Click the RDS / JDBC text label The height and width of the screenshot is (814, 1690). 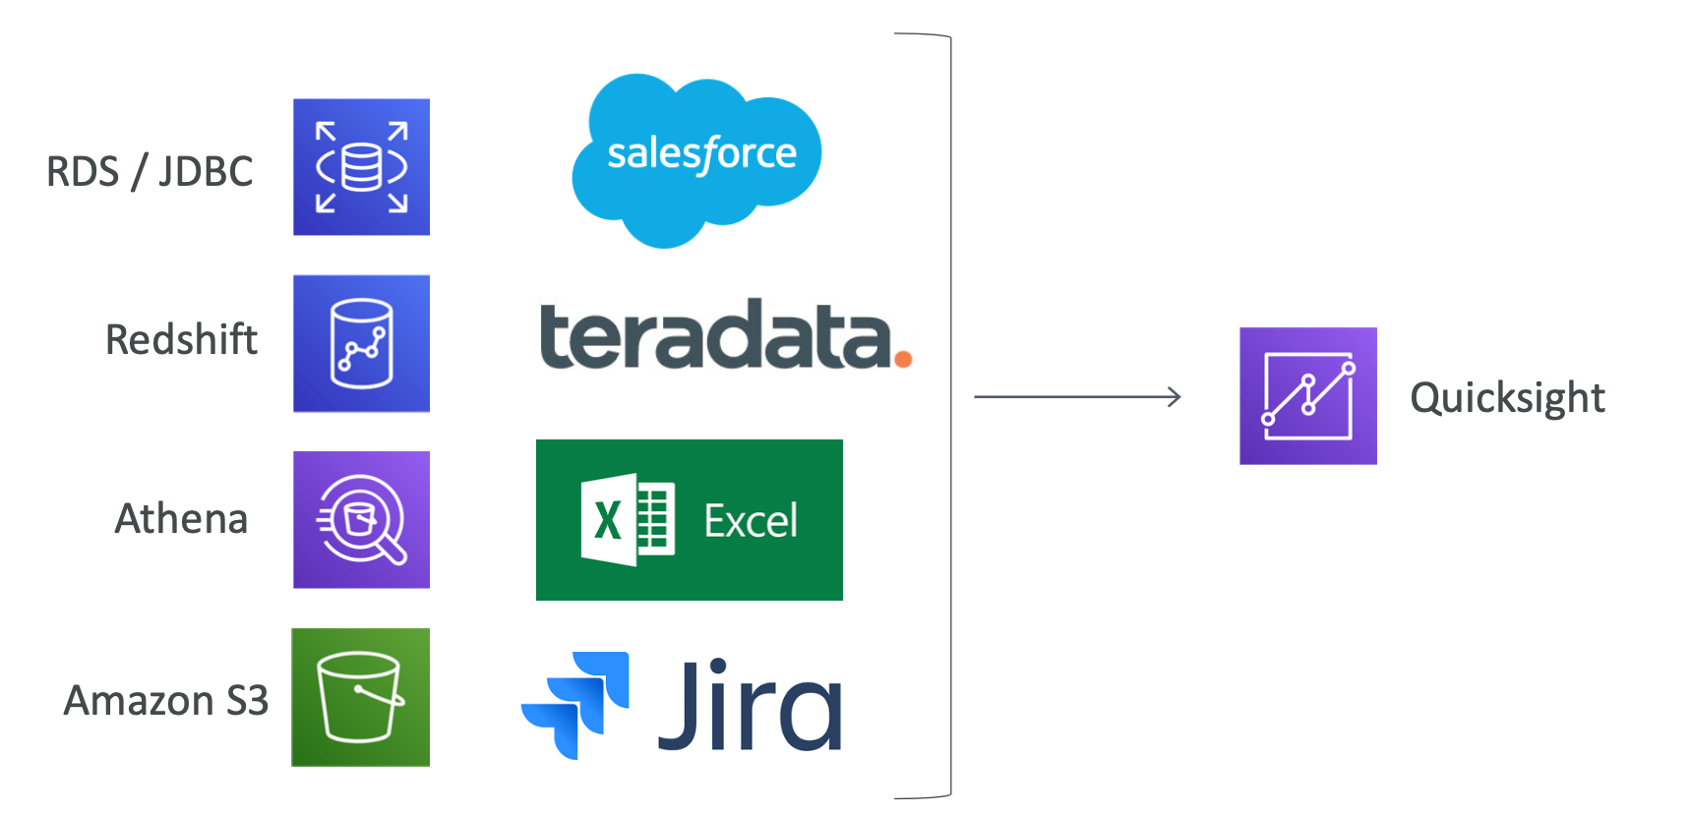[x=150, y=172]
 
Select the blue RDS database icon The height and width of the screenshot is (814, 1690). [x=361, y=167]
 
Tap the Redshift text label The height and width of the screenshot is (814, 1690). [x=181, y=339]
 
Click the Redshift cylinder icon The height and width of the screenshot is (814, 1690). [x=361, y=343]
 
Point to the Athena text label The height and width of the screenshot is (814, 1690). [x=181, y=518]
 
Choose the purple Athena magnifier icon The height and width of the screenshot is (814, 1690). [x=361, y=520]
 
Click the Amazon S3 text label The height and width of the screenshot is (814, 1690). [x=165, y=700]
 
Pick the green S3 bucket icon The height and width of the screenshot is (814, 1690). [x=361, y=697]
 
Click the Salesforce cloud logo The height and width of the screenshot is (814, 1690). [x=696, y=159]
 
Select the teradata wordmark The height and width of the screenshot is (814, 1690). [x=726, y=334]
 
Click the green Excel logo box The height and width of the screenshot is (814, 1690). [x=690, y=520]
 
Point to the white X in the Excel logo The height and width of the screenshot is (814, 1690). [x=608, y=520]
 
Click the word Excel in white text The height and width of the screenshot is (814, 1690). [x=751, y=521]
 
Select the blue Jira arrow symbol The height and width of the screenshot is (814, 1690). [x=575, y=705]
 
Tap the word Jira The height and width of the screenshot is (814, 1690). [x=750, y=705]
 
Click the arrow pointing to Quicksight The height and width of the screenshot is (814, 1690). [x=1077, y=397]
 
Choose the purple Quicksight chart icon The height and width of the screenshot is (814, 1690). [x=1308, y=396]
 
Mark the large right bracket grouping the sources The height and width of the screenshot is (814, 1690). [x=950, y=415]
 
